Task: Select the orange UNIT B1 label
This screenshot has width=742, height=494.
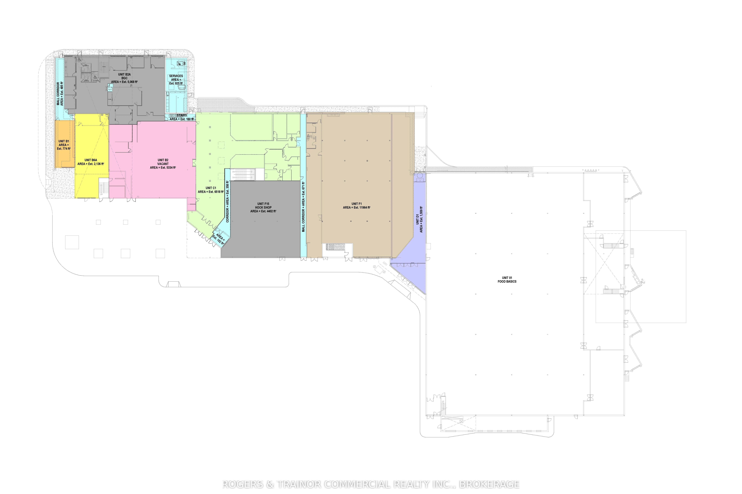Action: (x=64, y=145)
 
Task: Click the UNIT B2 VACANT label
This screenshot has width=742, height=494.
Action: (x=163, y=164)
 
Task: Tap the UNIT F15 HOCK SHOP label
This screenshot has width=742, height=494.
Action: (x=263, y=208)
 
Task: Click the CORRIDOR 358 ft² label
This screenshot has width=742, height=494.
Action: (x=227, y=202)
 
